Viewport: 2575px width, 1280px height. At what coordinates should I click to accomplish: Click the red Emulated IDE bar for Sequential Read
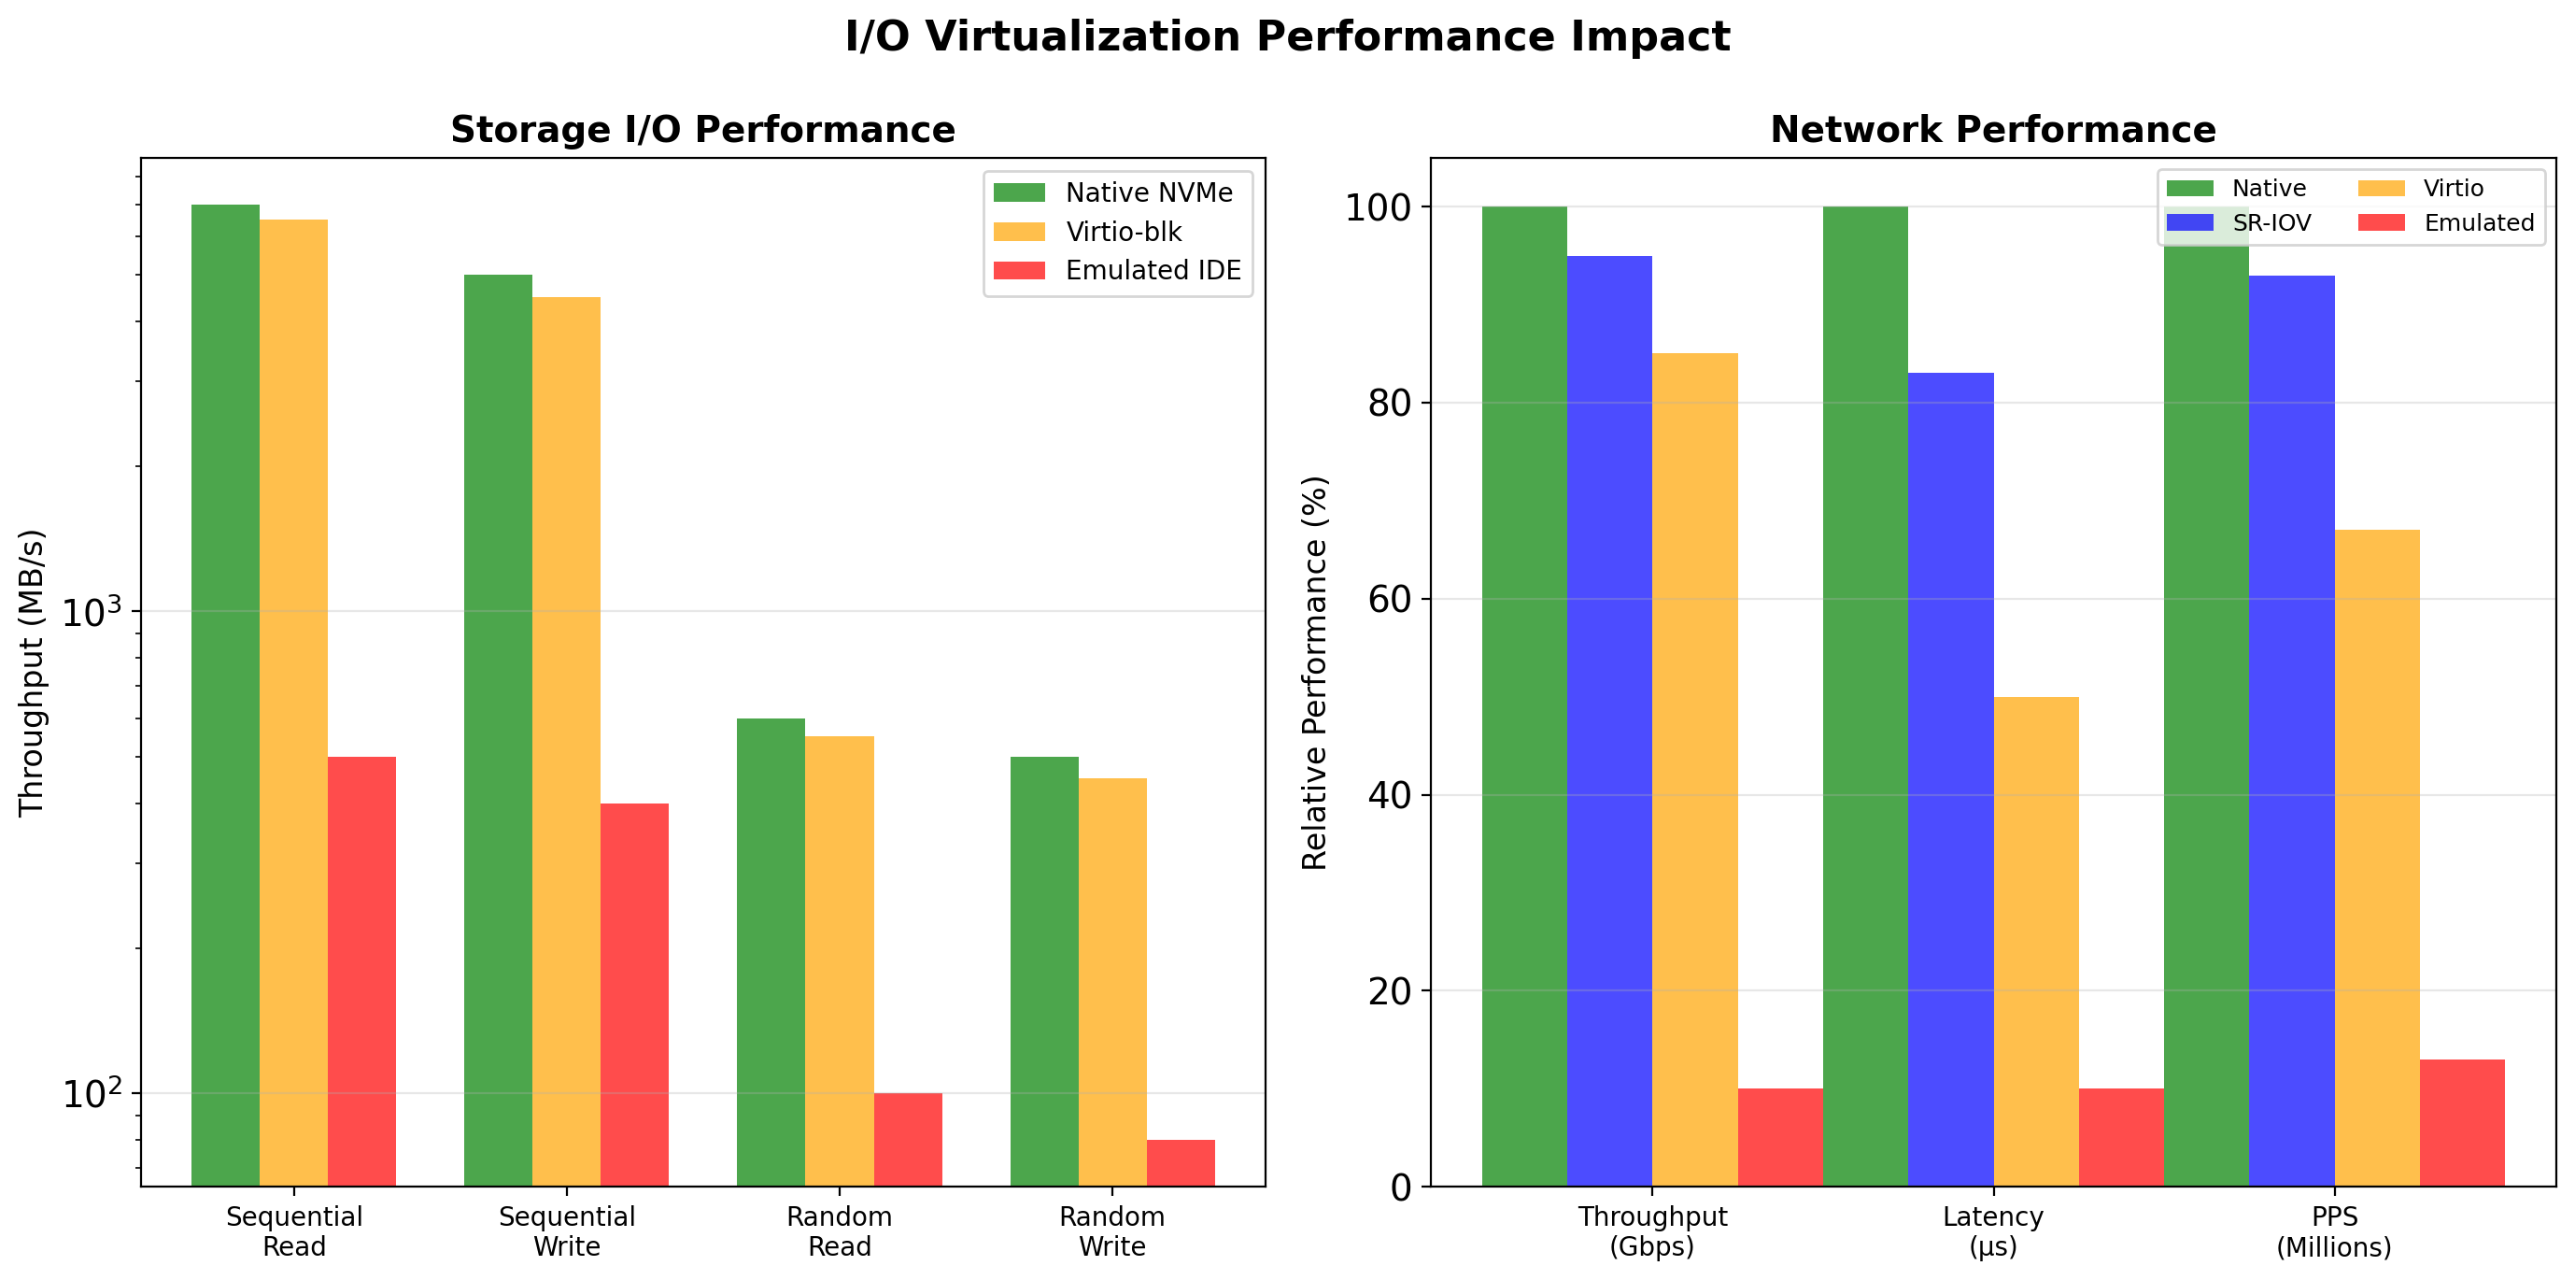(361, 970)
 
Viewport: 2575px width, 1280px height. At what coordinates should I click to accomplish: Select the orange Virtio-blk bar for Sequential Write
(566, 740)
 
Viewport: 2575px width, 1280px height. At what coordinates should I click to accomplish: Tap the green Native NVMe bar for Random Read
(771, 950)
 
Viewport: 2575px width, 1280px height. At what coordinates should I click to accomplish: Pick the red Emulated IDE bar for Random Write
(1181, 1162)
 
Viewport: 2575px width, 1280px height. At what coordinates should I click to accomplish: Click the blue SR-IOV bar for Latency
(1950, 780)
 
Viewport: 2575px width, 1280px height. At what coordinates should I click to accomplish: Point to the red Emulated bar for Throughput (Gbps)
(1779, 1137)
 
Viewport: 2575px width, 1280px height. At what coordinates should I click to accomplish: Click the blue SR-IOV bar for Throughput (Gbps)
(1609, 720)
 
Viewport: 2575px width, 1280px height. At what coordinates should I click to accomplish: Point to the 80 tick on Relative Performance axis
(1390, 403)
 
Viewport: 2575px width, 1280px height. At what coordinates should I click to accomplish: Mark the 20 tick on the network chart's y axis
(1390, 991)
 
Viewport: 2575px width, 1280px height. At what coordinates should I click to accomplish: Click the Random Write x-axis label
(1111, 1231)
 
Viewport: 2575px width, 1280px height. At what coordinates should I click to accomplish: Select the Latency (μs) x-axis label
(1992, 1231)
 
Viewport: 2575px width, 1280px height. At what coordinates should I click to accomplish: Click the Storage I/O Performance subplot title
(702, 130)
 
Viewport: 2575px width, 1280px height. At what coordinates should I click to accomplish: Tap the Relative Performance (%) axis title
(1314, 672)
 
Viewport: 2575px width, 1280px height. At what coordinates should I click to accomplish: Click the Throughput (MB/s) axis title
(32, 672)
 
